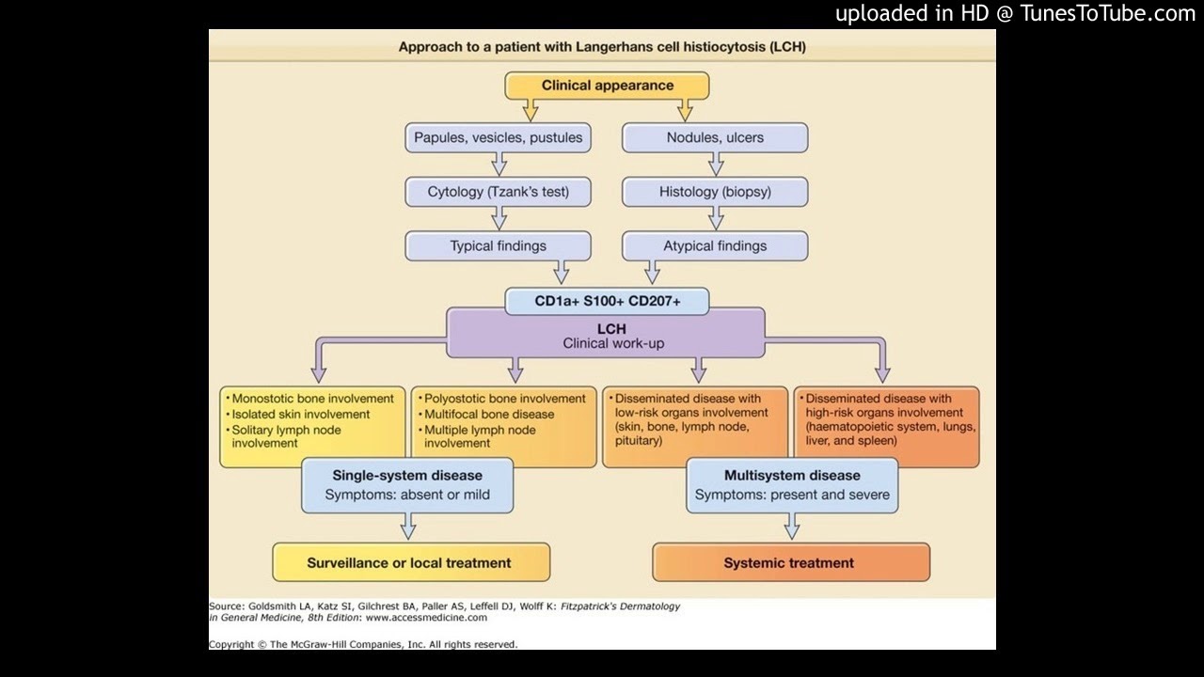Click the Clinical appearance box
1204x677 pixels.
(607, 86)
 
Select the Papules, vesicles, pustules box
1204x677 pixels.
(499, 137)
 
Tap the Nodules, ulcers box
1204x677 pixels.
(715, 137)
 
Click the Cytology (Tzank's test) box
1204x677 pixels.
(499, 192)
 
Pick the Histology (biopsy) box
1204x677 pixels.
(715, 192)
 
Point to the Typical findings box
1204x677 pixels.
(499, 246)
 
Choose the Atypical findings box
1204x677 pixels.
(715, 246)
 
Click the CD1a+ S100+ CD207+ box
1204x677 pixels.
(607, 302)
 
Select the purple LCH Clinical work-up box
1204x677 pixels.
(607, 337)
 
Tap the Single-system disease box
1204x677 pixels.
(407, 484)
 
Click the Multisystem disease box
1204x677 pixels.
(792, 484)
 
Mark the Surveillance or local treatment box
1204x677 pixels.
(409, 563)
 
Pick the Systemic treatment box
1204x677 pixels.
(789, 563)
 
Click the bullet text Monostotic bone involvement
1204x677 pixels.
(299, 399)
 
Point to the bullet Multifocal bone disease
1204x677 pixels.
(489, 415)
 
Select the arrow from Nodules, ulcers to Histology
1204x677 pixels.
(716, 165)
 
